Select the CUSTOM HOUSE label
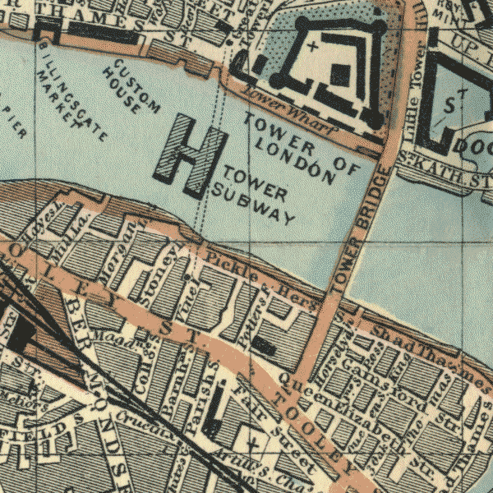(x=131, y=86)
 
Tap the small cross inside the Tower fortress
(x=312, y=47)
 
